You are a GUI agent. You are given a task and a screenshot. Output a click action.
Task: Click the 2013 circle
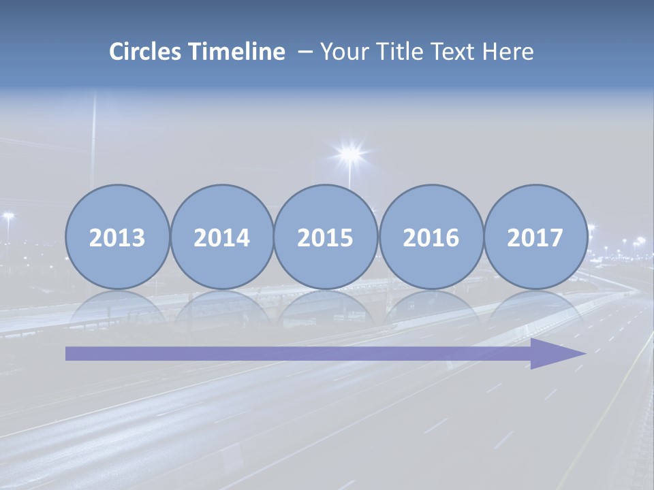117,237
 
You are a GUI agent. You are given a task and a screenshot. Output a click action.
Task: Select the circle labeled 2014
221,237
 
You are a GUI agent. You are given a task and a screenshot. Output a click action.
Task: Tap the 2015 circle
326,237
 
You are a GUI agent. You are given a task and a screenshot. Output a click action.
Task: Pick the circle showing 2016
431,237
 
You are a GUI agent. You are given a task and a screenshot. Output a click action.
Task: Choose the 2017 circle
535,237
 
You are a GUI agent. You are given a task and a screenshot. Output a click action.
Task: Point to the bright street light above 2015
349,154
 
